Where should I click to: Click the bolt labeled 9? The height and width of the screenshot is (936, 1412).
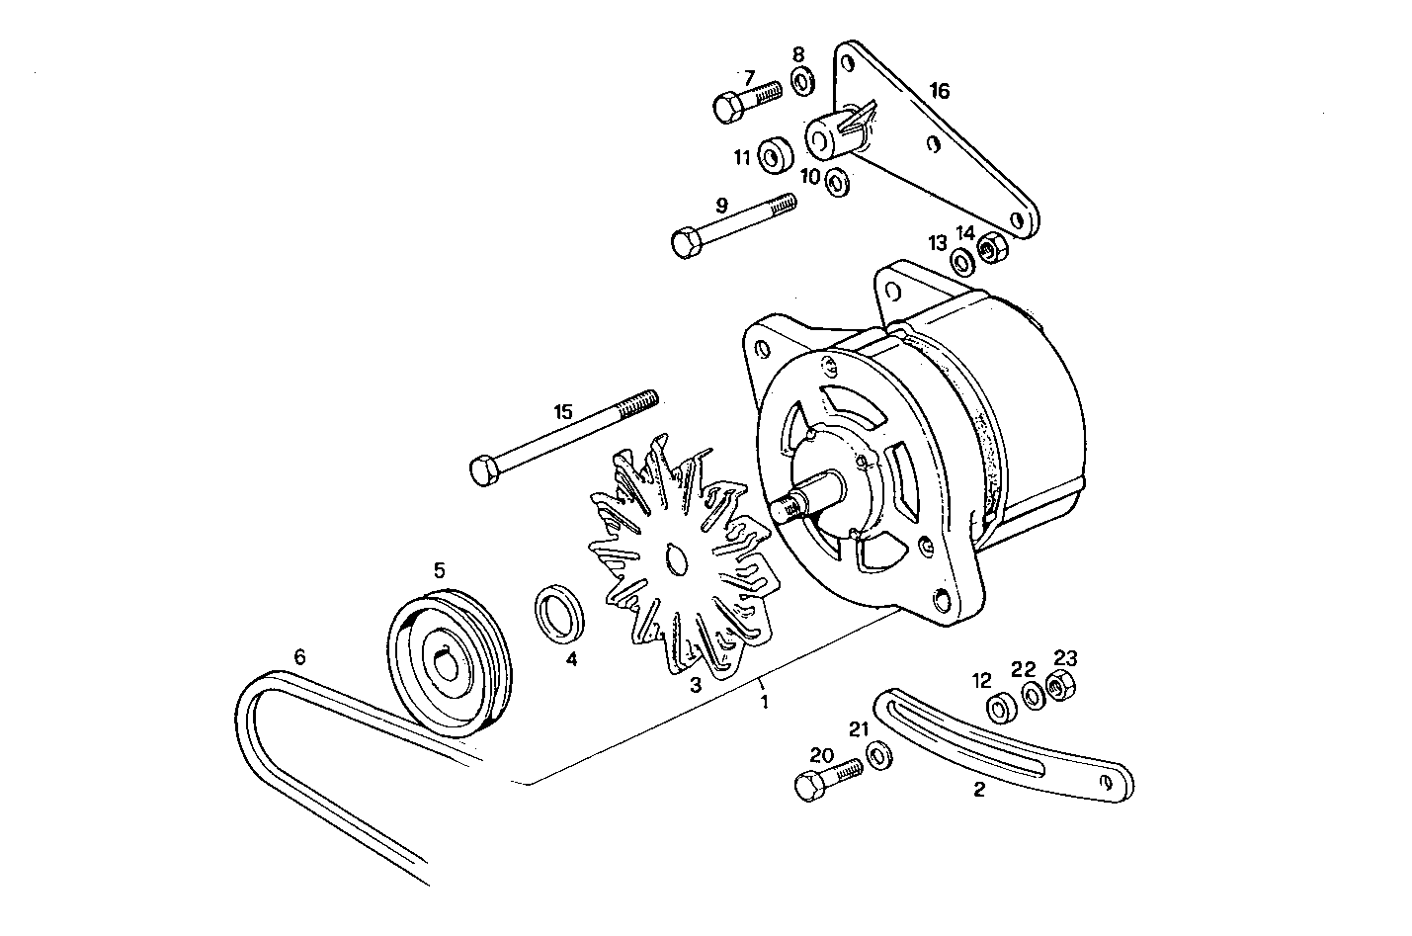(732, 222)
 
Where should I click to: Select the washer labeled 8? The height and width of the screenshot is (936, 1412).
(801, 82)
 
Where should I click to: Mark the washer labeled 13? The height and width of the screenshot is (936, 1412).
(961, 263)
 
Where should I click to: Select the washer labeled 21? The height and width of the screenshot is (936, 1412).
(876, 757)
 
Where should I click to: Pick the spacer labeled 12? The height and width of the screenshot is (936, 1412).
(1001, 707)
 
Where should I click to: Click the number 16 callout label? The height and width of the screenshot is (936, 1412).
(939, 91)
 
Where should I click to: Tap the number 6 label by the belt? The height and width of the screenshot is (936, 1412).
(300, 655)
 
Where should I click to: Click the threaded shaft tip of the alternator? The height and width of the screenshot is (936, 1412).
(783, 510)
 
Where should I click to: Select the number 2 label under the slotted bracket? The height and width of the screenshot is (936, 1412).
(978, 789)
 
